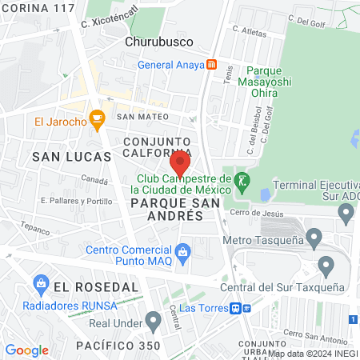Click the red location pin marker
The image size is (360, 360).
(x=180, y=163)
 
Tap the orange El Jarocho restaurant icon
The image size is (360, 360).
(x=98, y=122)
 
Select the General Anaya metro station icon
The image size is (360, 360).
(x=211, y=65)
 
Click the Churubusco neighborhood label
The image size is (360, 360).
(x=156, y=41)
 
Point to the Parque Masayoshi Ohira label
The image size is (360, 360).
(x=268, y=81)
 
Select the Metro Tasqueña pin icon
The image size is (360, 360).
(x=314, y=238)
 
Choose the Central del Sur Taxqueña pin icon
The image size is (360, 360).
(x=326, y=264)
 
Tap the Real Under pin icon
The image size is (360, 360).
(x=154, y=322)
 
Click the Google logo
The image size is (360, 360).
(x=26, y=350)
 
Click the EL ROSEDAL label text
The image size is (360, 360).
(x=86, y=286)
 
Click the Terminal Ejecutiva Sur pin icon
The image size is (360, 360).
(x=346, y=214)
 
